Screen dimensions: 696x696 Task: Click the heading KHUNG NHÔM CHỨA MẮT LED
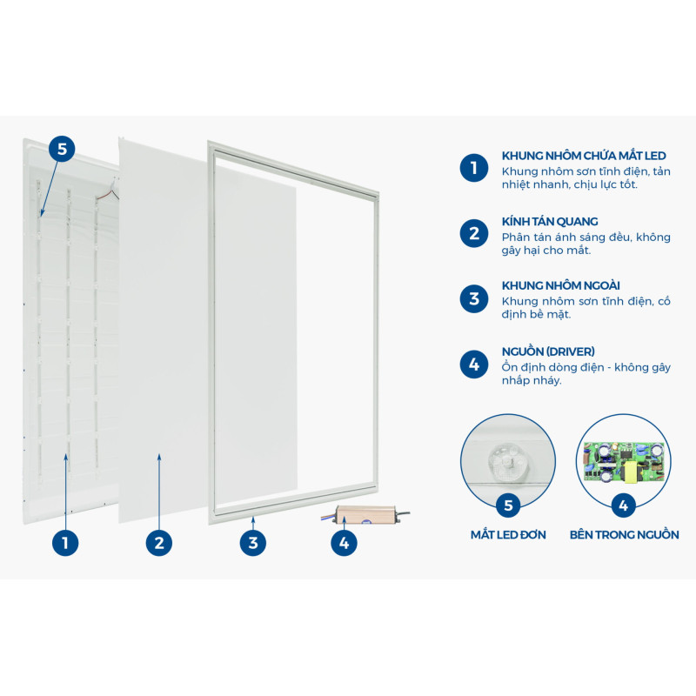click(x=584, y=156)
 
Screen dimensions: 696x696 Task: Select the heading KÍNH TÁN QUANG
click(x=550, y=222)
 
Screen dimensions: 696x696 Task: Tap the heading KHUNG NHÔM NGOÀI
click(x=560, y=285)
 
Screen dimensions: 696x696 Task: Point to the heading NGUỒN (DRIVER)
click(x=548, y=351)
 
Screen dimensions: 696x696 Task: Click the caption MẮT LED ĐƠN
click(x=508, y=534)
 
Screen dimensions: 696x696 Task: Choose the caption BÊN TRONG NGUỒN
click(x=624, y=534)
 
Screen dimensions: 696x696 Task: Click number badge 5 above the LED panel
click(x=62, y=149)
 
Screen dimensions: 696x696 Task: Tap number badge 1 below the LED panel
click(x=65, y=542)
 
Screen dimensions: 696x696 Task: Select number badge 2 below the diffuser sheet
click(x=159, y=542)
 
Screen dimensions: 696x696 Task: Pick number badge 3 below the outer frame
click(x=253, y=542)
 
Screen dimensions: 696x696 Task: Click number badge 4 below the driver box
click(x=344, y=542)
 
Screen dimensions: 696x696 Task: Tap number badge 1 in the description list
click(x=474, y=168)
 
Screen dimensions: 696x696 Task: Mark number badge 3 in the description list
click(x=474, y=298)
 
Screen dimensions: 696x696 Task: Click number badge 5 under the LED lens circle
click(x=508, y=505)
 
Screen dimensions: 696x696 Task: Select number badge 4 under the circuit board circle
click(x=624, y=505)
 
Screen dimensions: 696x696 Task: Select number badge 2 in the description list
click(x=474, y=233)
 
